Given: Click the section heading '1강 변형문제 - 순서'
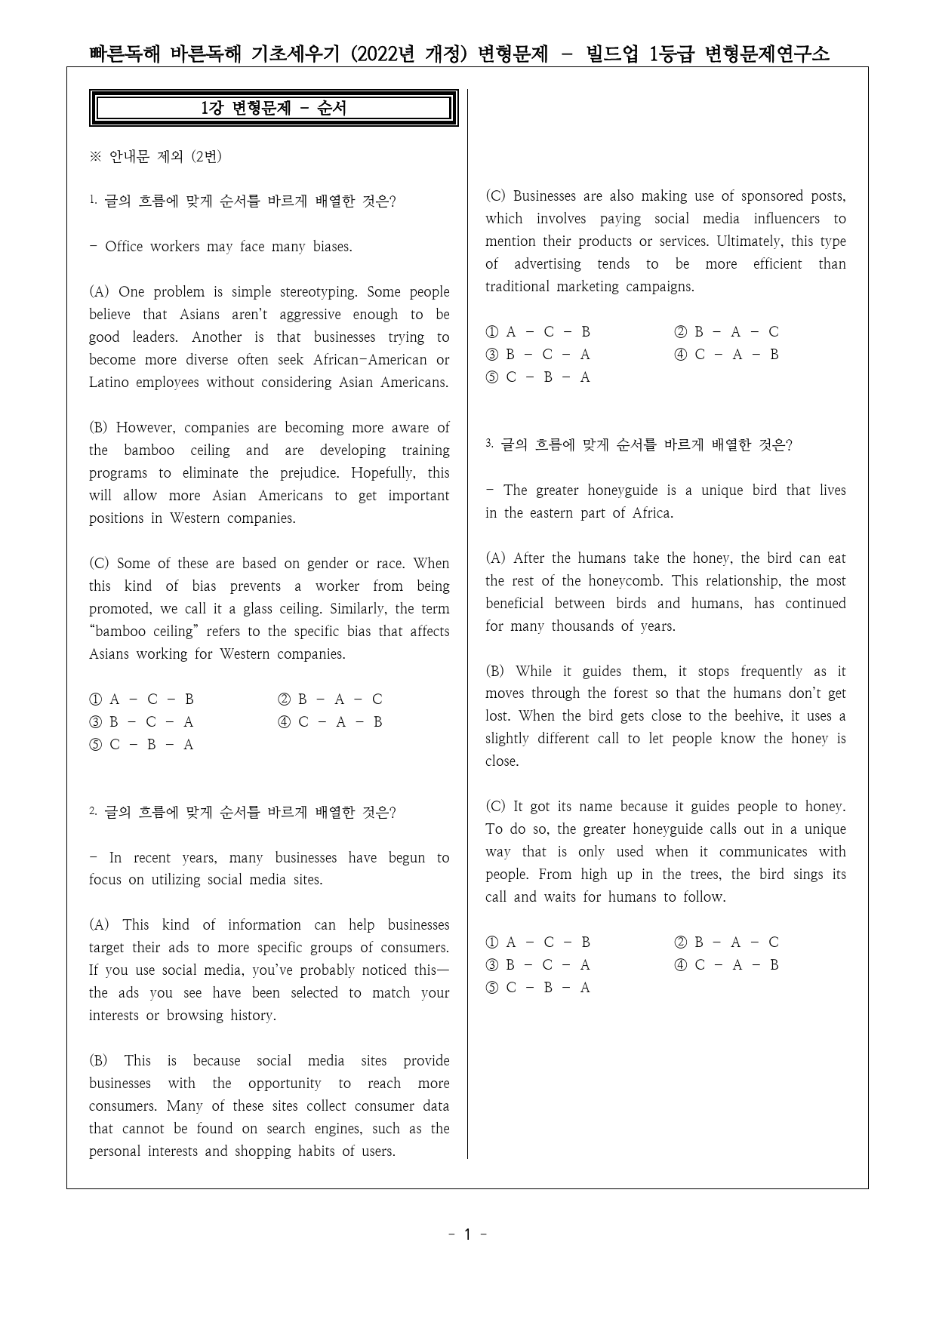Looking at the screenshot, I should click(x=273, y=108).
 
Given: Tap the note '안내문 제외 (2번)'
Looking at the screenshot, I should click(x=165, y=156).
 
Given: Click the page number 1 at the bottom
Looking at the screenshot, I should click(x=467, y=1234).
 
